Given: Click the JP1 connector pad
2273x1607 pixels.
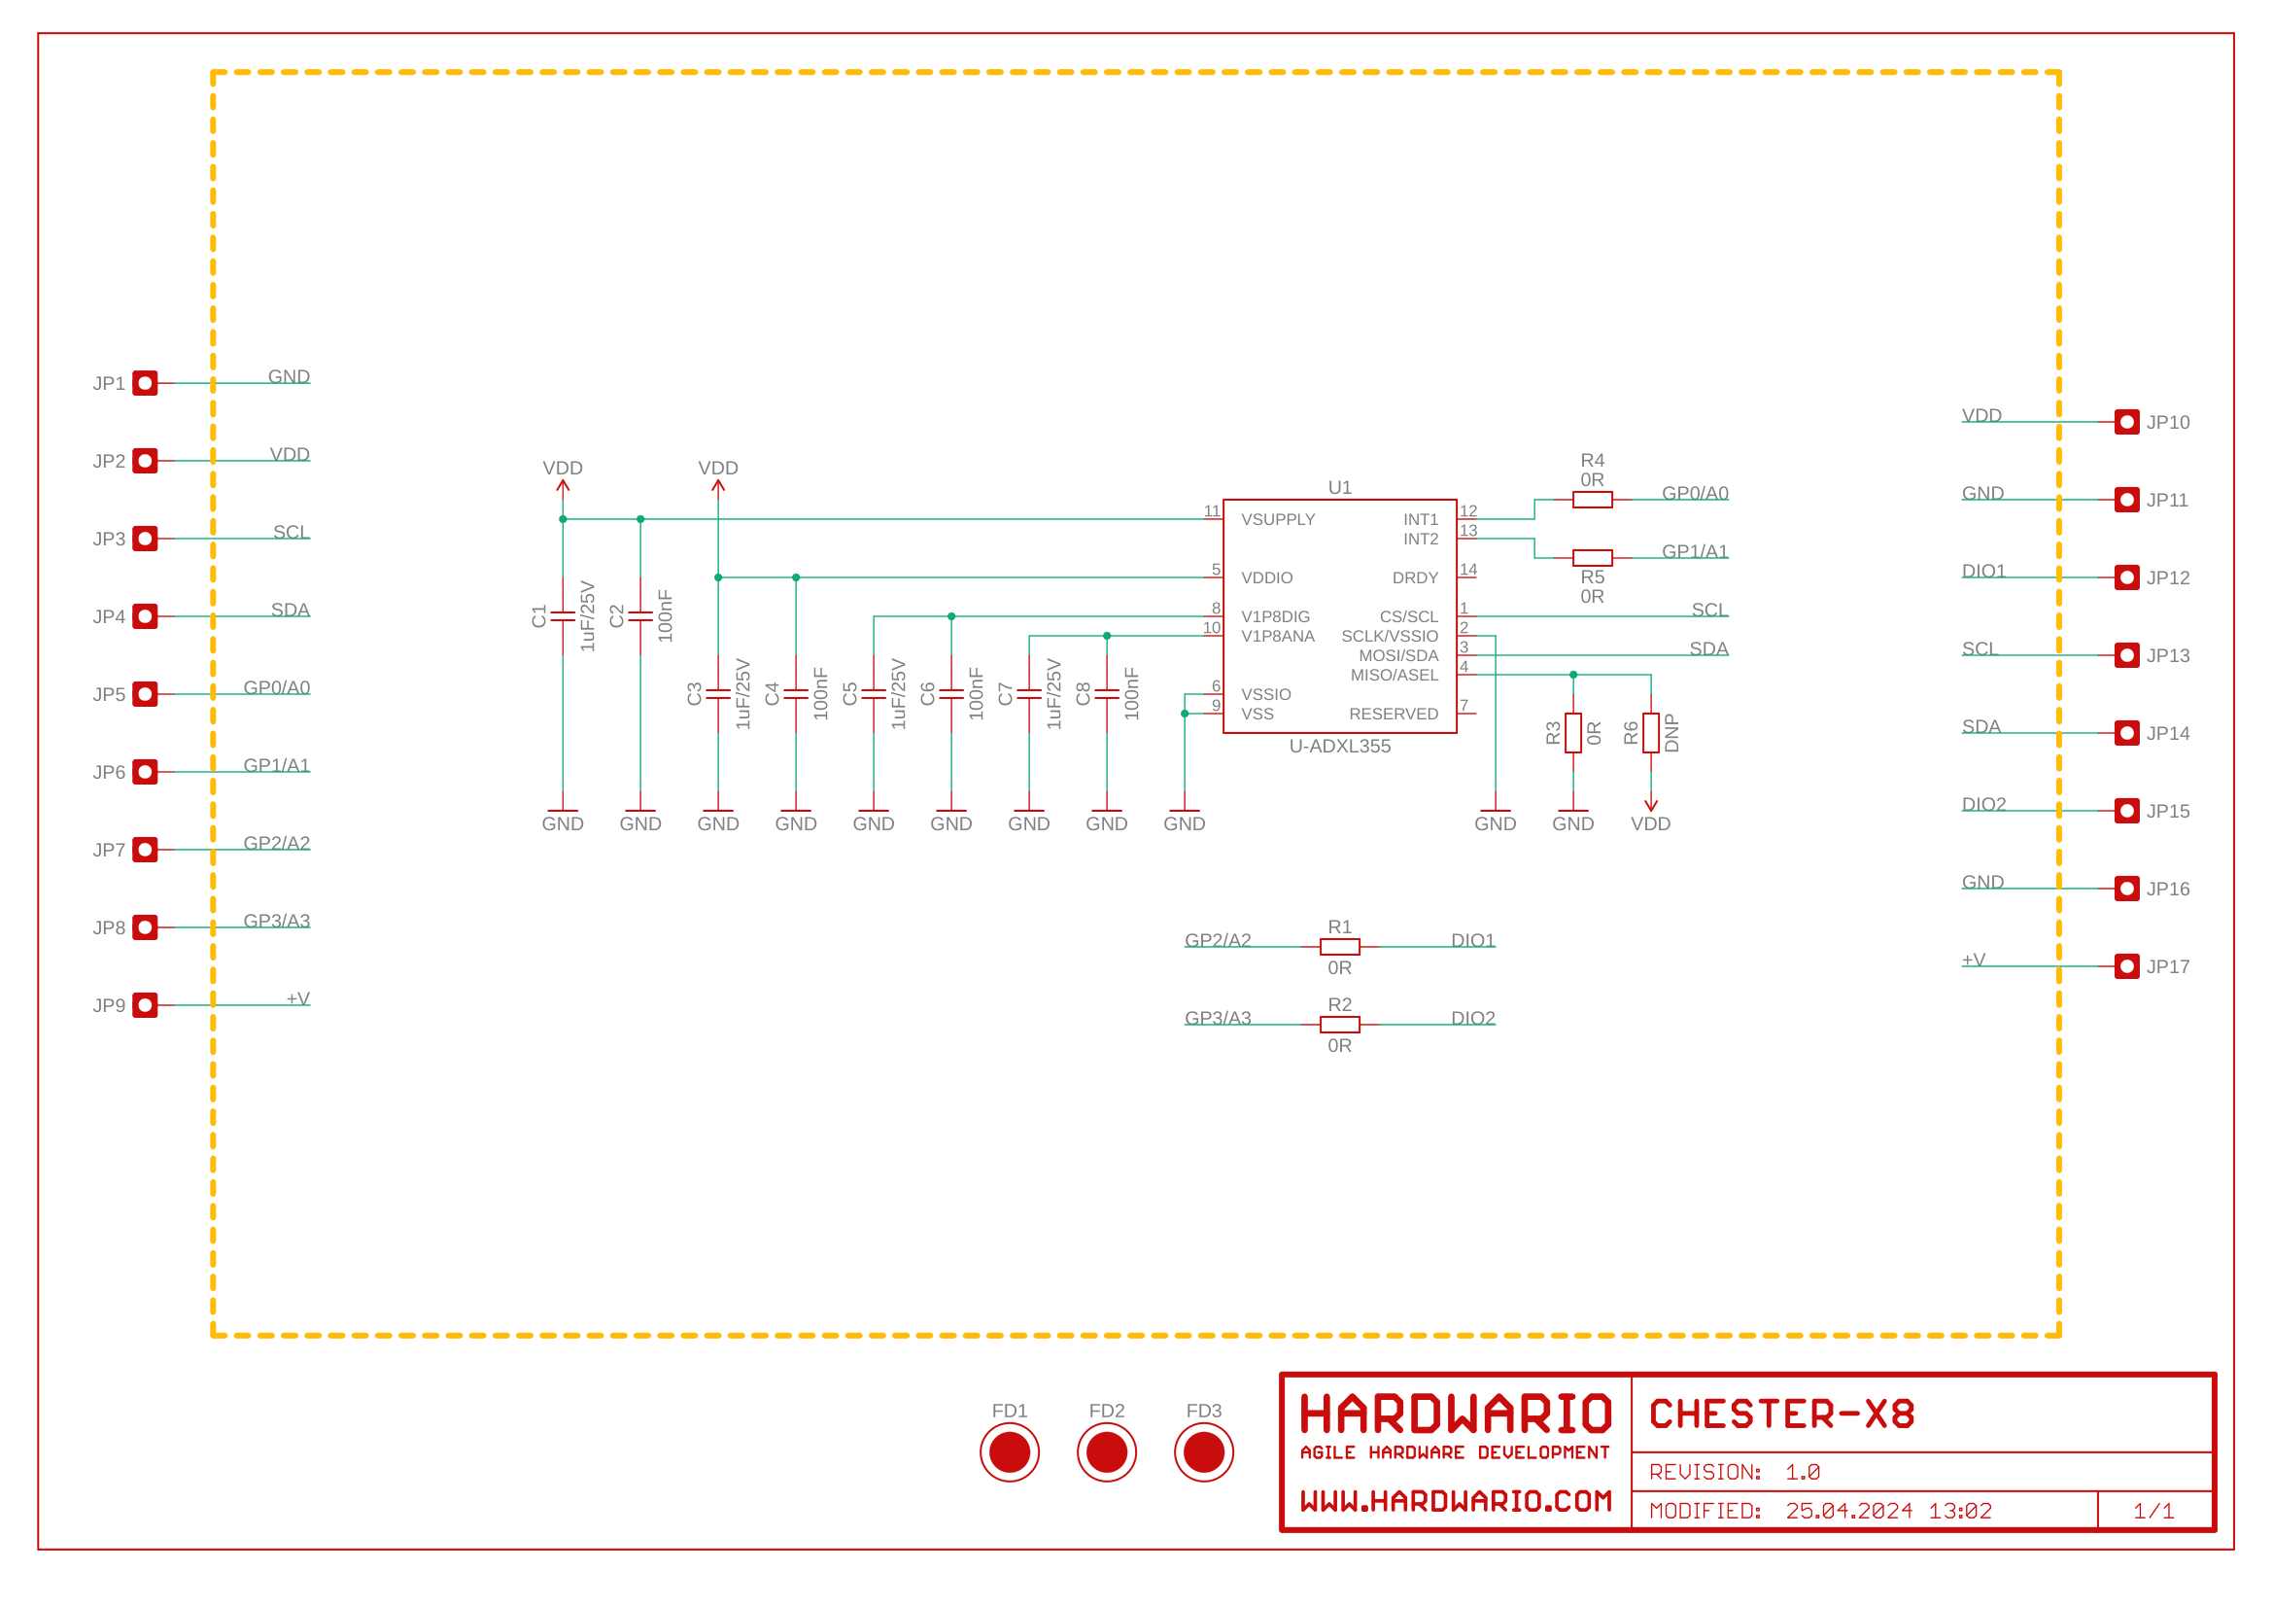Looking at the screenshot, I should pyautogui.click(x=146, y=383).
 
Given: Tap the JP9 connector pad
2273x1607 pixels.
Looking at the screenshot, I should pyautogui.click(x=146, y=1005).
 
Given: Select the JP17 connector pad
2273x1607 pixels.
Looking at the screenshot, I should pyautogui.click(x=2126, y=966).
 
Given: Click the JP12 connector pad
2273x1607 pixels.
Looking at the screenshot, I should pyautogui.click(x=2126, y=577).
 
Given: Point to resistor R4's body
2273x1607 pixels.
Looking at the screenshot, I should pyautogui.click(x=1592, y=500).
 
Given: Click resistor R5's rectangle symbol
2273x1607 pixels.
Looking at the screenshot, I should pyautogui.click(x=1592, y=558).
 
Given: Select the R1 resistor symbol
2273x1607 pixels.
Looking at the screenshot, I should pyautogui.click(x=1339, y=947).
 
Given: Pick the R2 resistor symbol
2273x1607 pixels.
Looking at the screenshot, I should pyautogui.click(x=1339, y=1025).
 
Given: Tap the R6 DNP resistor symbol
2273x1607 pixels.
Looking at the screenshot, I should pyautogui.click(x=1650, y=733).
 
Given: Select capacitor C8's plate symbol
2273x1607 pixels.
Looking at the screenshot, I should pyautogui.click(x=1107, y=694).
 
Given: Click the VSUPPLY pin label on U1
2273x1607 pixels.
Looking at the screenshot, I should pyautogui.click(x=1278, y=520).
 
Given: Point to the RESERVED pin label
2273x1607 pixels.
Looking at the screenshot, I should pyautogui.click(x=1393, y=714).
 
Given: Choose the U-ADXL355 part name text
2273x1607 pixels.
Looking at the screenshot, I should pyautogui.click(x=1339, y=747).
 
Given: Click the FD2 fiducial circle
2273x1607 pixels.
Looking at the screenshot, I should pyautogui.click(x=1107, y=1452).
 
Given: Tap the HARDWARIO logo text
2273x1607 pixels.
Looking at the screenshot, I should pyautogui.click(x=1456, y=1414).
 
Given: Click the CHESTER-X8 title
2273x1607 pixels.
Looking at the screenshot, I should pyautogui.click(x=1782, y=1414).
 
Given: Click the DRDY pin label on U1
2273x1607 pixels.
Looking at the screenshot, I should pyautogui.click(x=1415, y=578).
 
